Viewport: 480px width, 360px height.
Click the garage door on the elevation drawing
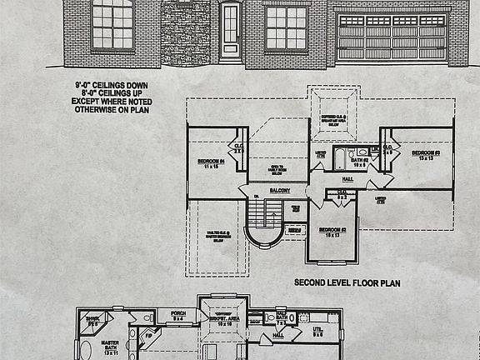390,37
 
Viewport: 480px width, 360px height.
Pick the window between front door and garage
286,27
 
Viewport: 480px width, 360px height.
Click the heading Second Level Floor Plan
347,283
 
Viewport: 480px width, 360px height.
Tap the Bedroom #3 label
425,156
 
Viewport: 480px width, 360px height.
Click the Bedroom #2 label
332,232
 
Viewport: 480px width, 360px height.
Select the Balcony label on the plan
279,191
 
